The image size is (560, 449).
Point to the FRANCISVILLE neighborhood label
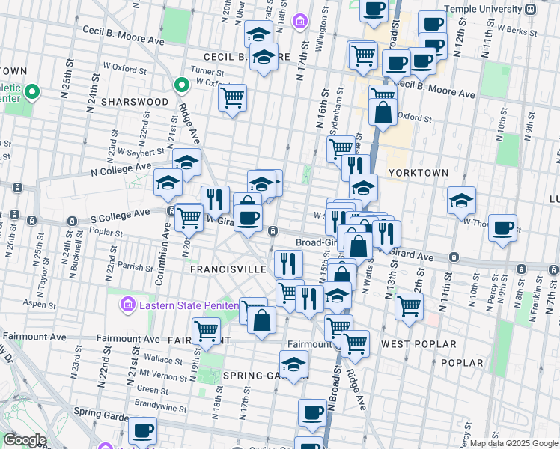pyautogui.click(x=228, y=269)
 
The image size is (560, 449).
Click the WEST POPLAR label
pyautogui.click(x=419, y=344)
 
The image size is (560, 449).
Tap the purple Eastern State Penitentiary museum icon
pyautogui.click(x=127, y=305)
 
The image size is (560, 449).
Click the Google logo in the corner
pyautogui.click(x=24, y=440)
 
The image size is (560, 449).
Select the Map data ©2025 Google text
pyautogui.click(x=514, y=443)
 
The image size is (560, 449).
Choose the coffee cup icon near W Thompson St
pyautogui.click(x=502, y=227)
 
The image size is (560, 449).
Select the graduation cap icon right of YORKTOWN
pyautogui.click(x=461, y=199)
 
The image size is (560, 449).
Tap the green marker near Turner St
pyautogui.click(x=180, y=85)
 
